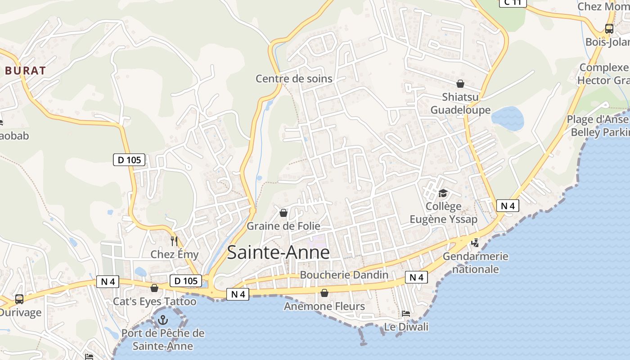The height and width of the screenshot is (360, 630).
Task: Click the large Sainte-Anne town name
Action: [x=278, y=252]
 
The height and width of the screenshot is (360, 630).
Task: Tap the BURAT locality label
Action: [x=26, y=71]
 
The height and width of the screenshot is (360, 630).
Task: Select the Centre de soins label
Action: [x=294, y=79]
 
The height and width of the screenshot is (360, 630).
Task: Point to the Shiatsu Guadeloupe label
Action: [x=460, y=103]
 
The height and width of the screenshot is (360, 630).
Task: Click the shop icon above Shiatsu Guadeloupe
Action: [x=460, y=84]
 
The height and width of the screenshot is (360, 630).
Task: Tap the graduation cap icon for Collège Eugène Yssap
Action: [x=443, y=193]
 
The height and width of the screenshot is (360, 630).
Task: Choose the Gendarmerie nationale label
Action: [x=476, y=263]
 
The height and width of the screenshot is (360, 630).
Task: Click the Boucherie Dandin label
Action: [x=344, y=275]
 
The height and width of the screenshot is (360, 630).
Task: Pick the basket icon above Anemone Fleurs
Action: [x=324, y=293]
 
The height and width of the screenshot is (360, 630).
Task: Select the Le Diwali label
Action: [x=406, y=327]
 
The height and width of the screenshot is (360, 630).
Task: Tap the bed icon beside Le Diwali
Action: [x=406, y=314]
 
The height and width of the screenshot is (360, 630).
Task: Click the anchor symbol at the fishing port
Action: [x=163, y=320]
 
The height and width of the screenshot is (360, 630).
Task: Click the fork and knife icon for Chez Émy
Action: [x=174, y=241]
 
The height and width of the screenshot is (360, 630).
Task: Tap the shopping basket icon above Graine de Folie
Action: [x=283, y=213]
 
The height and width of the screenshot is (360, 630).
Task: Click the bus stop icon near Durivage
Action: [x=19, y=299]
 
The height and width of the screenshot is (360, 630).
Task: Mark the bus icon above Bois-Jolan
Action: [x=609, y=29]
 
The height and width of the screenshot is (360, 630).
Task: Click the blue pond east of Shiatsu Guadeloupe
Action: [x=508, y=118]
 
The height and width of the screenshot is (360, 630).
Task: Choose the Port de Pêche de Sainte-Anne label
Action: [x=162, y=340]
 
